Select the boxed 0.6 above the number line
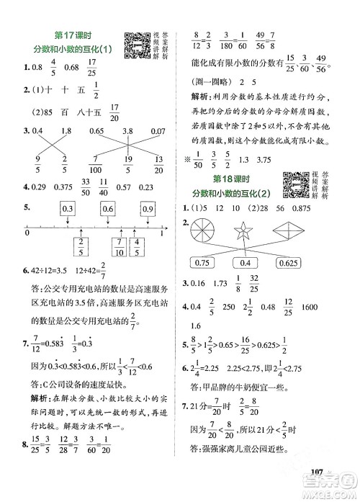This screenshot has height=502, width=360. (109, 209)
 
